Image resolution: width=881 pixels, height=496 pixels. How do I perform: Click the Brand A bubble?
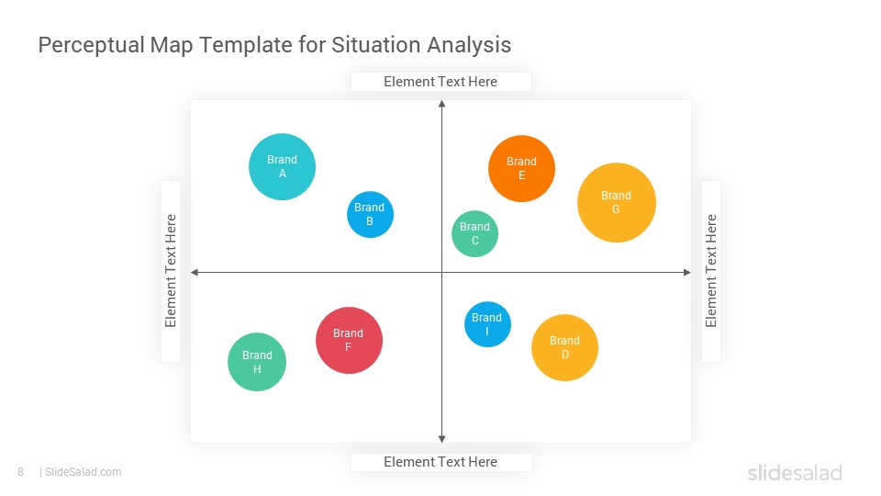tap(282, 166)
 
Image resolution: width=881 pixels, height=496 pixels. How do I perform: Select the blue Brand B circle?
tap(370, 214)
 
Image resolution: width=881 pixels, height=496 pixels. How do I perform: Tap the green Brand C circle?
tap(474, 233)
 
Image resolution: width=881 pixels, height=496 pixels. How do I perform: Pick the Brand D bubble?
tap(564, 347)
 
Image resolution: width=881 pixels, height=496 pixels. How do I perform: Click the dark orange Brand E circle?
tap(521, 168)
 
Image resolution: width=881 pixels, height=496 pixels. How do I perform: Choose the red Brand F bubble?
tap(349, 340)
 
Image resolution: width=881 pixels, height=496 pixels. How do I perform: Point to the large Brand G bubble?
tap(617, 202)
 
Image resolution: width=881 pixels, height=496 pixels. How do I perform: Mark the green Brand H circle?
tap(257, 362)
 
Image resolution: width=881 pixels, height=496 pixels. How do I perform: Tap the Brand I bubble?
tap(487, 324)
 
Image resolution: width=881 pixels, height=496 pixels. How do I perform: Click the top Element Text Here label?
tap(440, 82)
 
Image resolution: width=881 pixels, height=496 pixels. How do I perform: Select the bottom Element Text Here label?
tap(440, 462)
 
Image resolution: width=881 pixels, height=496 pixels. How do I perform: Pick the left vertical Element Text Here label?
tap(171, 270)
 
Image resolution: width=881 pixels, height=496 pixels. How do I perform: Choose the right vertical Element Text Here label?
tap(710, 270)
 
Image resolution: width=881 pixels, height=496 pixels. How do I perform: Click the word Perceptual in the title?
tap(92, 45)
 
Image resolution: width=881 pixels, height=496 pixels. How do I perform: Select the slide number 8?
tap(21, 472)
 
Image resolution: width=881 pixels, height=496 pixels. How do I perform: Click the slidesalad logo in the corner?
tap(795, 472)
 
